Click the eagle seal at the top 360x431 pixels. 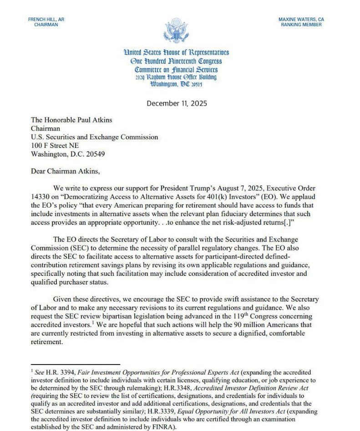point(175,31)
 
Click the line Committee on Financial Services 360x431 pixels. point(176,70)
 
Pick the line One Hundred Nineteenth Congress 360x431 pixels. point(176,61)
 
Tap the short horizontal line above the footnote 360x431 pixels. point(75,364)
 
